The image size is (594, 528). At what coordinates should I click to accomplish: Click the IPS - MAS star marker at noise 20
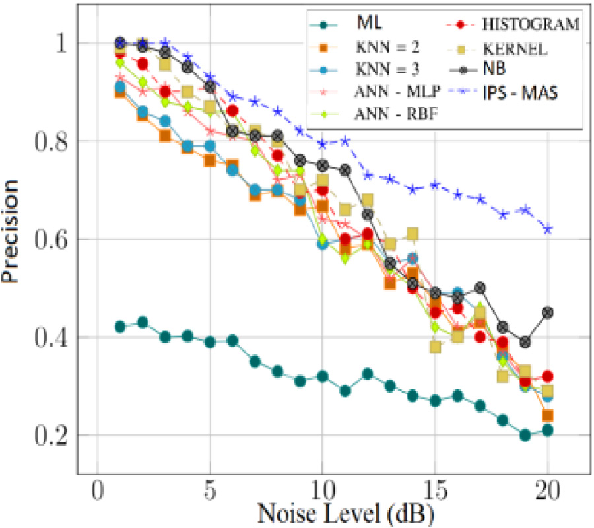tap(548, 229)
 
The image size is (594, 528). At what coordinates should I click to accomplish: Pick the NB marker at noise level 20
tap(548, 312)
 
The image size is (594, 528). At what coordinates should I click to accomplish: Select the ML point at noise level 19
tap(525, 435)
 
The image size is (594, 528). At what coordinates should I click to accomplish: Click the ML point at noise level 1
tap(120, 327)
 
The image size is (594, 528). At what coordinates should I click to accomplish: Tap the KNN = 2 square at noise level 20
tap(548, 415)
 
